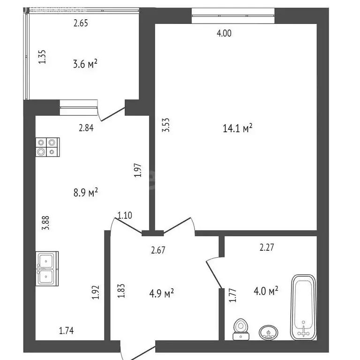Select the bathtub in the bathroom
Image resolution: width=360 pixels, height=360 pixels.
point(304,307)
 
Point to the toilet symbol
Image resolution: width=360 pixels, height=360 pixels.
point(241,329)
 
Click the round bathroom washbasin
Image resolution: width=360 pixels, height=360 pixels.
point(269,332)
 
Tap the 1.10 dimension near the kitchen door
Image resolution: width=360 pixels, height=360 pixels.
point(125,216)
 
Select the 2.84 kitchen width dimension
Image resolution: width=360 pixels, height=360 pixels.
point(86,127)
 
